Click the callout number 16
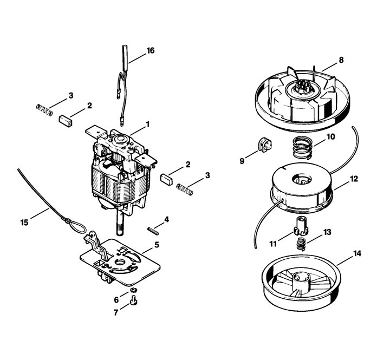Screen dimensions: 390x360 point(150,51)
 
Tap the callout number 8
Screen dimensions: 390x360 point(341,60)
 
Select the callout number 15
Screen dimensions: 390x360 point(24,222)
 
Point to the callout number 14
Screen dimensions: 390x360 point(357,253)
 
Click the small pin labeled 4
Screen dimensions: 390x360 point(153,231)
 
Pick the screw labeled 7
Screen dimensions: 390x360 point(134,302)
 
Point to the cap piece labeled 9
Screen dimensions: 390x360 point(264,145)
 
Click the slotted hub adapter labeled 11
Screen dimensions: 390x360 point(301,226)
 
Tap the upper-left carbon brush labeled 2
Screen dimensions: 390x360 point(66,121)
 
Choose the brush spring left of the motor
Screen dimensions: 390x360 point(44,110)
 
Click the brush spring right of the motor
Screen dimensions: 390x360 point(185,189)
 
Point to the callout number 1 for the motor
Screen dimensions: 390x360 point(148,125)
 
